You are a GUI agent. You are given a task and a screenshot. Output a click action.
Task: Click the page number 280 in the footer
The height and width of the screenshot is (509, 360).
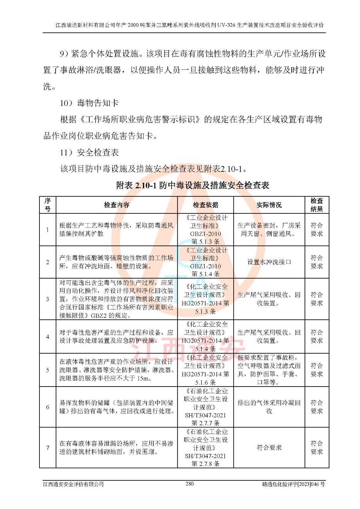(189, 484)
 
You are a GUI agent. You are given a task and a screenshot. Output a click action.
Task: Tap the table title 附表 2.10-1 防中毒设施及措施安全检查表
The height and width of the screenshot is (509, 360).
(193, 185)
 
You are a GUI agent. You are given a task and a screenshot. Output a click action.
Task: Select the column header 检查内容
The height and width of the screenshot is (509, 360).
(116, 205)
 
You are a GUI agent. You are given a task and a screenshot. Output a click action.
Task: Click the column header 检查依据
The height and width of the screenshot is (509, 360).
(205, 205)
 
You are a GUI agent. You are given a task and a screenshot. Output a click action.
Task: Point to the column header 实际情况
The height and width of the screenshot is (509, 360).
(269, 205)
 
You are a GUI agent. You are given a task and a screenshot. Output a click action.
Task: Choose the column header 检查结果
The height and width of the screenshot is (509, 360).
(316, 205)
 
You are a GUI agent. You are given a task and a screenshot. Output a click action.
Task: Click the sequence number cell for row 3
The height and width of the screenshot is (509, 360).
(48, 299)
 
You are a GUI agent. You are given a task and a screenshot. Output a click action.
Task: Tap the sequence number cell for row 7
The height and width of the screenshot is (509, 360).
(48, 448)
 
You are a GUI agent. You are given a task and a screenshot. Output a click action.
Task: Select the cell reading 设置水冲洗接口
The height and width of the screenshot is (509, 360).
(269, 262)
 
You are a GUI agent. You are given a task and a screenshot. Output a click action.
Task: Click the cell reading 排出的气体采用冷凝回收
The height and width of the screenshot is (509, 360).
(269, 407)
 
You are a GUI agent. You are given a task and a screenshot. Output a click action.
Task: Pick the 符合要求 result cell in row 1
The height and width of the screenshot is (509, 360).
(316, 229)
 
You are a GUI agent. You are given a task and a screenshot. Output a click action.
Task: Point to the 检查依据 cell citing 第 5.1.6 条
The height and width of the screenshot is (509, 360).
(205, 370)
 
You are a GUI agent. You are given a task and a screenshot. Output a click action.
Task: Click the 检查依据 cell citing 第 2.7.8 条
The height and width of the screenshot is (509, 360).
(205, 448)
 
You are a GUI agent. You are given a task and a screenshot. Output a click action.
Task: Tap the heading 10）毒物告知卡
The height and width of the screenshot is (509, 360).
(89, 103)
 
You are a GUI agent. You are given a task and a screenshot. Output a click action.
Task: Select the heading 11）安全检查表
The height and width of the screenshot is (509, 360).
(89, 152)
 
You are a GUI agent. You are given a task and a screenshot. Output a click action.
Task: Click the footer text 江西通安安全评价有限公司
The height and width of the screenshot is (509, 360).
(74, 484)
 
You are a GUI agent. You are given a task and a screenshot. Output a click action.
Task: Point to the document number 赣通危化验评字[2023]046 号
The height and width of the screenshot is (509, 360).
(293, 484)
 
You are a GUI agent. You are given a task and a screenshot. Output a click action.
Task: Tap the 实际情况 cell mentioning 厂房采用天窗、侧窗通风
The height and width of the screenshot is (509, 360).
(269, 229)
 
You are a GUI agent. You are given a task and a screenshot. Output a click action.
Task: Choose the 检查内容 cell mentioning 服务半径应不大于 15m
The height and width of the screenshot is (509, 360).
(116, 370)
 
